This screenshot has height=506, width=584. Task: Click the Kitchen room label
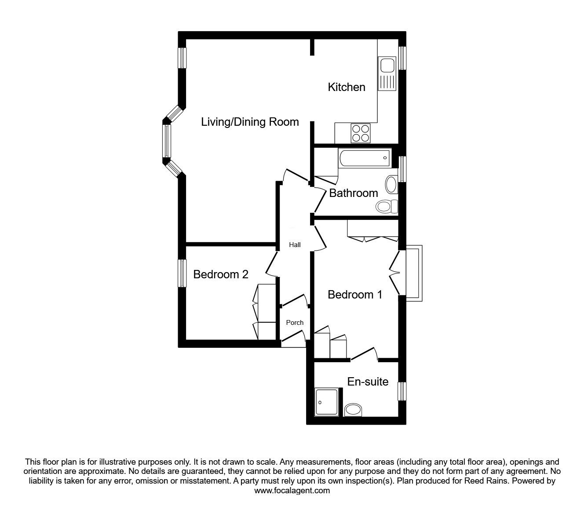tap(347, 87)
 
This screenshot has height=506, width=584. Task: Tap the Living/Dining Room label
tap(250, 122)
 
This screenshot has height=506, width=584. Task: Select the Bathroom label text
tap(353, 193)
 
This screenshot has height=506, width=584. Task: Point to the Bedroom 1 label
tap(355, 295)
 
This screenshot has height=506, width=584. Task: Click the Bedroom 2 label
tap(221, 274)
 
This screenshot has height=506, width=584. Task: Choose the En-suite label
tap(368, 382)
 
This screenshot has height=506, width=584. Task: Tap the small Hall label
tap(295, 245)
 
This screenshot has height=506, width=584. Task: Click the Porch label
tap(295, 323)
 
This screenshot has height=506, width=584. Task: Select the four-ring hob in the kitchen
tap(361, 133)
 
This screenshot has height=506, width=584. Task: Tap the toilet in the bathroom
tap(387, 206)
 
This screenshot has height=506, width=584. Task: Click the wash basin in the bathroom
tap(391, 185)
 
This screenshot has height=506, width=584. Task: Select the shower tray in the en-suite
tap(327, 402)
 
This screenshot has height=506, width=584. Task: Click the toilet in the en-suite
tap(353, 410)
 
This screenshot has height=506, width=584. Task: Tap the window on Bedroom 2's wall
tap(182, 273)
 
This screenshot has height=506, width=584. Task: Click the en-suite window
tap(401, 391)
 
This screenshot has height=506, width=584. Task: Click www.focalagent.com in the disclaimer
tap(292, 491)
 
